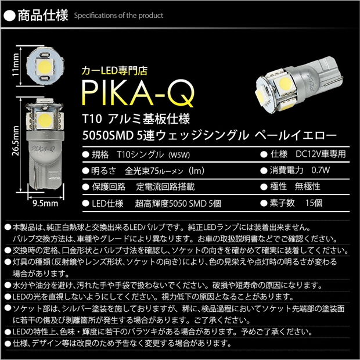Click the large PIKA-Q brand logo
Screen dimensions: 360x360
tap(138, 93)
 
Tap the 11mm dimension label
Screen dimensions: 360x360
tap(16, 65)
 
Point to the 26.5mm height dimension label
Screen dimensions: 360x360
tap(16, 141)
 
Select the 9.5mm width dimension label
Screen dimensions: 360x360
tap(45, 203)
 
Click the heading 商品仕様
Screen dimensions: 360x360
tap(43, 16)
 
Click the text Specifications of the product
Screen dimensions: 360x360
tap(118, 16)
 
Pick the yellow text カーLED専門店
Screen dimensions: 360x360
tap(114, 71)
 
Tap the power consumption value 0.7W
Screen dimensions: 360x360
tap(321, 170)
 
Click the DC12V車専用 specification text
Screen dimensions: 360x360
tap(321, 154)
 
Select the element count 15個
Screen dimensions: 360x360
tap(314, 203)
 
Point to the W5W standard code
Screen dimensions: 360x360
tap(179, 155)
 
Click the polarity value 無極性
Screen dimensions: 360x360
tap(307, 186)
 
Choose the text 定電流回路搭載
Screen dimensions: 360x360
tap(165, 186)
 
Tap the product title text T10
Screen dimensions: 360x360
tap(92, 119)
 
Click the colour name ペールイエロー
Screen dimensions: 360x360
tap(296, 135)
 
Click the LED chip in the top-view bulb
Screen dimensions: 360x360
tap(45, 67)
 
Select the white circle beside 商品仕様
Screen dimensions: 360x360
tap(10, 16)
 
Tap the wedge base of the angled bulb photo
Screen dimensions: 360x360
tap(323, 74)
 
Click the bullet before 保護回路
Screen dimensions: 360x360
tap(85, 187)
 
